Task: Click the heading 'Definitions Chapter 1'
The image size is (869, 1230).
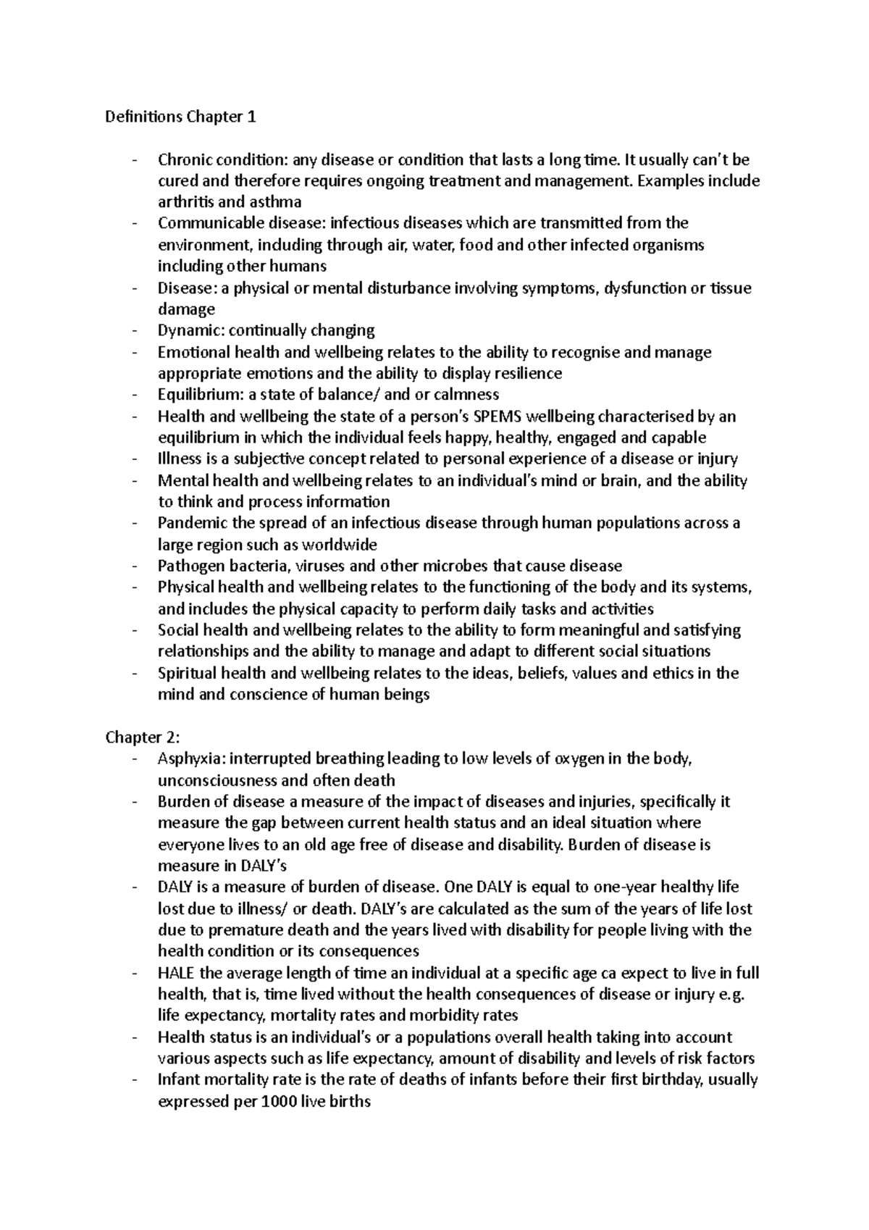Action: [x=180, y=117]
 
